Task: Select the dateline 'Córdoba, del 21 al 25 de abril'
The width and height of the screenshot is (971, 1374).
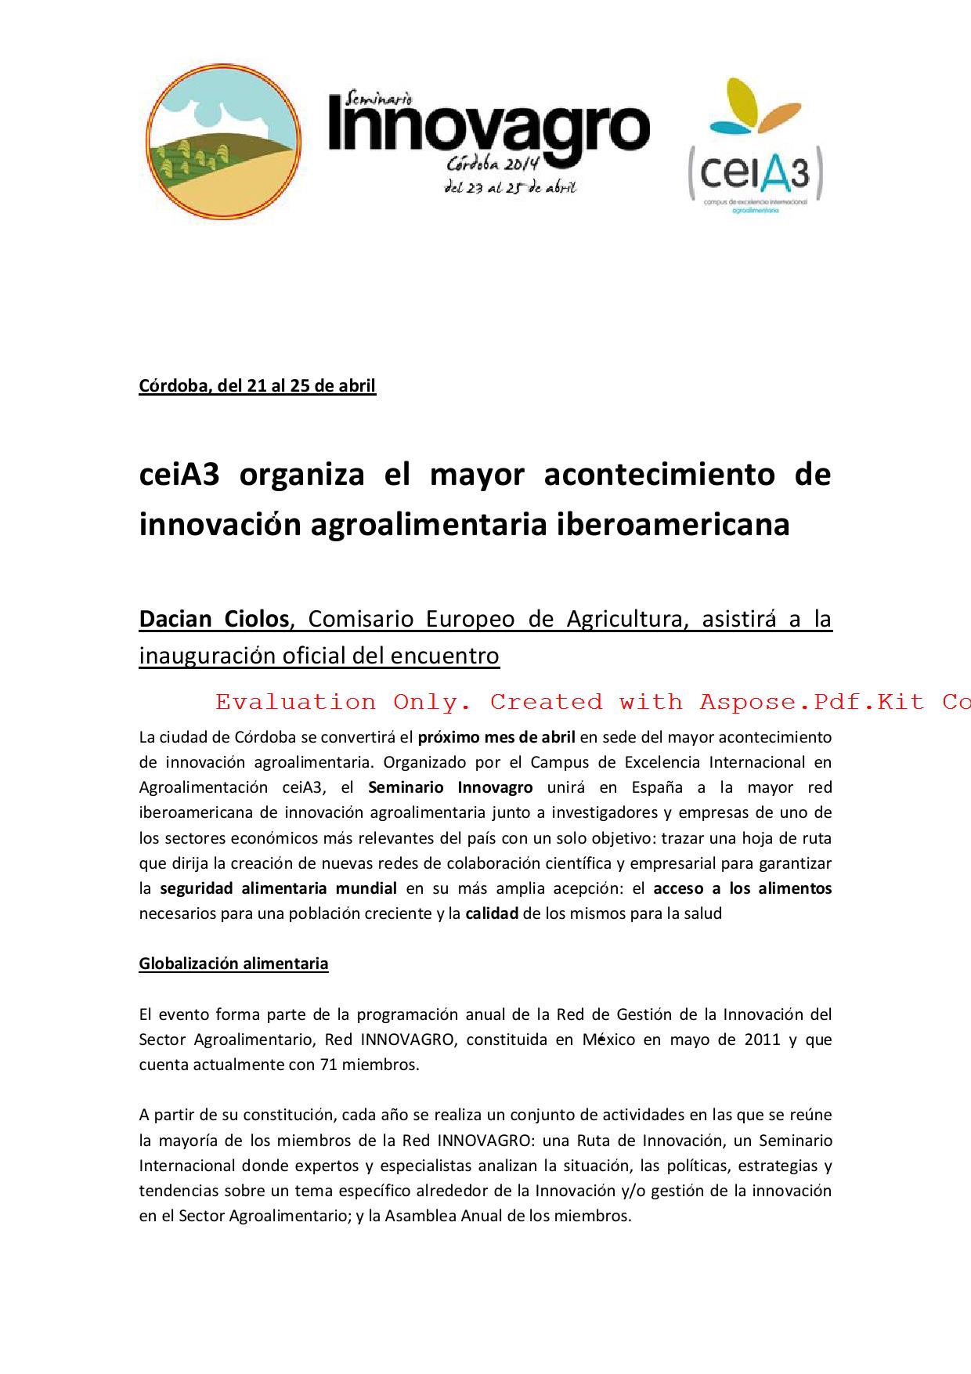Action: coord(257,386)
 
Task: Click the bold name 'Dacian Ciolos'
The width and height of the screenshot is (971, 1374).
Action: coord(214,620)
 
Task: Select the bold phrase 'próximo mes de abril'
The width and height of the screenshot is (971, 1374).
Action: coord(496,737)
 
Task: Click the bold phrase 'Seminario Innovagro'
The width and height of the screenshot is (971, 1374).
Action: coord(450,787)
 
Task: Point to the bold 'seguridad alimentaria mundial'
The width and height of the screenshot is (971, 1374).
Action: coord(278,888)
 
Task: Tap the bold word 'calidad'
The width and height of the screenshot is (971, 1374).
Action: coord(492,913)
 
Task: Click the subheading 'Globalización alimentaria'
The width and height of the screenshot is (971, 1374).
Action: coord(233,964)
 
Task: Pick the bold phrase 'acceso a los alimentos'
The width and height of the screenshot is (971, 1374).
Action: coord(742,888)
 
